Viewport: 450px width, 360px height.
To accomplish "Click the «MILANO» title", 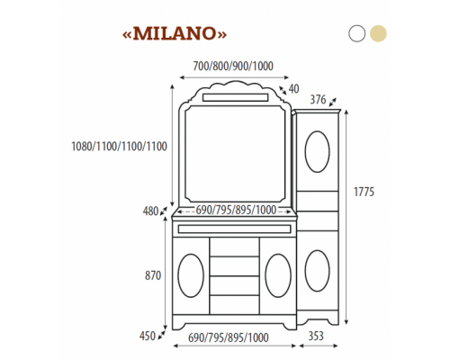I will pos(175,33).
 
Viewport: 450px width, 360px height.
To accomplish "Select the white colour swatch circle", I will pos(357,33).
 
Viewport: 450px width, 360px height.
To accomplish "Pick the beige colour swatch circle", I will pos(378,33).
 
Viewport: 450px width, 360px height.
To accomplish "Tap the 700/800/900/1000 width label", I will pos(233,66).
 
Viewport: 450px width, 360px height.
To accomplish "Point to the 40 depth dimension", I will pos(294,89).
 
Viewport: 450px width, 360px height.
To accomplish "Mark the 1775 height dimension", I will pos(364,193).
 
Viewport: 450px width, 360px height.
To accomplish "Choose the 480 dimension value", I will pos(149,212).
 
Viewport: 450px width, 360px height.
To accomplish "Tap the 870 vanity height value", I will pos(152,275).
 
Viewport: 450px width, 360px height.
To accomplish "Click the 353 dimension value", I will pos(317,336).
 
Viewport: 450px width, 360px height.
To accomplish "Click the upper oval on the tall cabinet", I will pos(317,151).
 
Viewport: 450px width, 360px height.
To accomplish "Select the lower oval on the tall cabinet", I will pos(317,270).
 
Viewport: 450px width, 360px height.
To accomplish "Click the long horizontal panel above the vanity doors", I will pos(234,229).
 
